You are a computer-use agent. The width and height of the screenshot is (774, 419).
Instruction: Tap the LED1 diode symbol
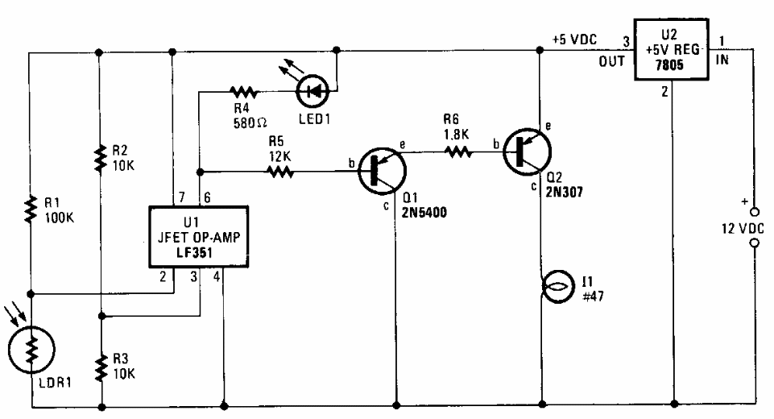[x=313, y=91]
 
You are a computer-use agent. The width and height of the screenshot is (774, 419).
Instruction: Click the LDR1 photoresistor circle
[x=30, y=347]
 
